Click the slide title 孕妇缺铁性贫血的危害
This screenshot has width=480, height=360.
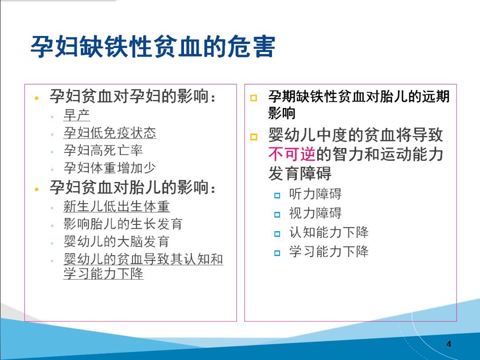153,48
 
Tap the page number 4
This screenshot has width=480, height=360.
448,344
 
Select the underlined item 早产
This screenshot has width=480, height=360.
77,115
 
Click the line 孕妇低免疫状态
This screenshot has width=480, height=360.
110,133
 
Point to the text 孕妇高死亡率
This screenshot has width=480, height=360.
103,151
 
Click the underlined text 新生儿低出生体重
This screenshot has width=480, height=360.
116,206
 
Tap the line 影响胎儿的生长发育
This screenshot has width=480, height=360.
123,224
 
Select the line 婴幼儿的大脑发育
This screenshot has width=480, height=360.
116,242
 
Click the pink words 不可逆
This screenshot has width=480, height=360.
292,154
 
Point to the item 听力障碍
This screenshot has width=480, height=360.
315,194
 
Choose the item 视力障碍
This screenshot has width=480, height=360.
315,213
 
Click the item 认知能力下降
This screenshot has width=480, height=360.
329,232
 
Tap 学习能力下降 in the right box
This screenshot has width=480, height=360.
329,252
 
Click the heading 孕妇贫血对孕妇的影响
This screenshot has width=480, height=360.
132,96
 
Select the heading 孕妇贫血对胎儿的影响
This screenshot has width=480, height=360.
132,188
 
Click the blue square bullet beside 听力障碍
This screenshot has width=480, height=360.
277,195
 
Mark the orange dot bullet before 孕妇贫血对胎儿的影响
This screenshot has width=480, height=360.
37,189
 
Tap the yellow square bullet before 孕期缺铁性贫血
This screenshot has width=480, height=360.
254,98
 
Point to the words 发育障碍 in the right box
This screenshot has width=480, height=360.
300,173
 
